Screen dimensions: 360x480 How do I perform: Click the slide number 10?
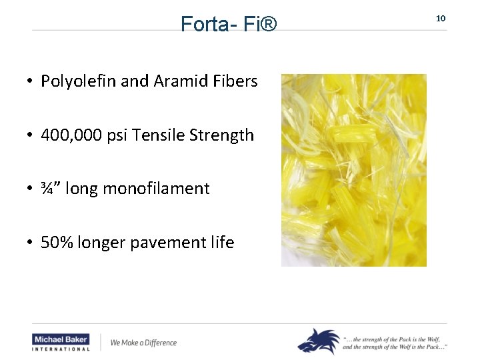(x=440, y=18)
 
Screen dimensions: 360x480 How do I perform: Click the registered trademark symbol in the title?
(x=267, y=25)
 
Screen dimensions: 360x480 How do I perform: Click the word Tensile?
(x=159, y=135)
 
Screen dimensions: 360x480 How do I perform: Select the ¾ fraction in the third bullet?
(x=47, y=189)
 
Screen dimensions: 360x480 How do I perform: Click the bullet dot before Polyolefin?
(x=31, y=82)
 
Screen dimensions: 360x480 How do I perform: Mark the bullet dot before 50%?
(x=31, y=243)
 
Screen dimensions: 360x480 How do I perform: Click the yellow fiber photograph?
(x=353, y=170)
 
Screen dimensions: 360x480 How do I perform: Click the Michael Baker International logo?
(x=61, y=342)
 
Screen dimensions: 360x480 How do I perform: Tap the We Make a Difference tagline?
(x=143, y=343)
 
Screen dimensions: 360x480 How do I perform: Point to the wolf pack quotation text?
(x=395, y=342)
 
